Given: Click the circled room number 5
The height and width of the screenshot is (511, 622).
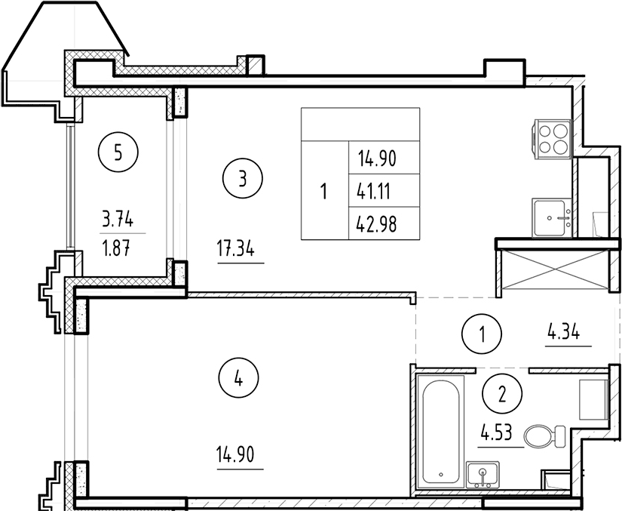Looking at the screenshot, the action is pos(118,152).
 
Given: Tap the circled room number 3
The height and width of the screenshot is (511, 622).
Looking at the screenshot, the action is pos(243,178).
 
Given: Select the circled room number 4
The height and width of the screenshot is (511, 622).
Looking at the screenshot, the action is pos(238,378).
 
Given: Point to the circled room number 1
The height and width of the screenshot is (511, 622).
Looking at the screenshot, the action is pos(482,334).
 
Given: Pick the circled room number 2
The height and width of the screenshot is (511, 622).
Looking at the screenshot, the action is pos(502,393).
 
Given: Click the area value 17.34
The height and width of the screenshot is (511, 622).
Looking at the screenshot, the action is pos(236,249).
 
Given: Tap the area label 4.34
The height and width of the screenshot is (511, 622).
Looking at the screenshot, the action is pos(564,332).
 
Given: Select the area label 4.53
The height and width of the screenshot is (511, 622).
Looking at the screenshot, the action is pos(496,433).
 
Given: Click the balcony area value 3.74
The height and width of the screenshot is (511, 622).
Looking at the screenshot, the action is pos(118,219).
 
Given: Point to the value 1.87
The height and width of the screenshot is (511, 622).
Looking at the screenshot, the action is pos(116,249).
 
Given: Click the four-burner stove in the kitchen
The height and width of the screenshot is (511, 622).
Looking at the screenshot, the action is pos(553,139).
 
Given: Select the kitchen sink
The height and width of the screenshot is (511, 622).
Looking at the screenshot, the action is pos(552,218).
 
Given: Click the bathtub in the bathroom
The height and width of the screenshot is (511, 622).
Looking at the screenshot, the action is pos(441,431).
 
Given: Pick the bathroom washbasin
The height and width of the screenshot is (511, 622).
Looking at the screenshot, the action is pos(483,475).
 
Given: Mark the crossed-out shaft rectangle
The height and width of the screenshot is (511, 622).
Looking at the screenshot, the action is pos(555,269).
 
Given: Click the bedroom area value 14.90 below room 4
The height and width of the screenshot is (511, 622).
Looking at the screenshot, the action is pos(235,454).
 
